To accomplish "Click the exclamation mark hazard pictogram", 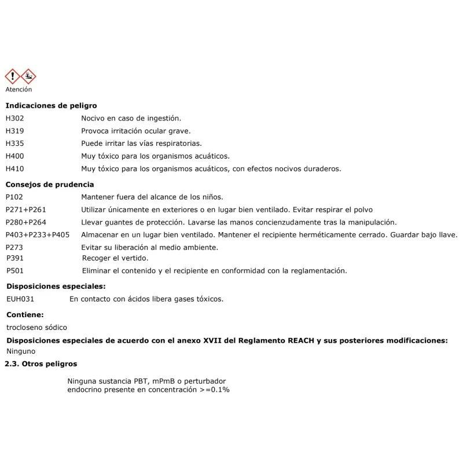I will click(13, 76).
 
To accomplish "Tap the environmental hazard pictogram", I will click(28, 76).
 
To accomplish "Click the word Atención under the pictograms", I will click(19, 90).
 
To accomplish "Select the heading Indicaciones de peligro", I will click(51, 106).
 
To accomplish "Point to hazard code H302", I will click(15, 118).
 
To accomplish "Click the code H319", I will click(15, 131).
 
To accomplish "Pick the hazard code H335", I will click(15, 144).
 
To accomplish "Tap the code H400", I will click(15, 156).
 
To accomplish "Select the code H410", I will click(15, 169).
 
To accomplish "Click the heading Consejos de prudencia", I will click(49, 185).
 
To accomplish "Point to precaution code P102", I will click(14, 197).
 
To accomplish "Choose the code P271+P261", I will click(25, 210).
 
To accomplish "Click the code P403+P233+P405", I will click(38, 235).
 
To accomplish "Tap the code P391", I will click(15, 258).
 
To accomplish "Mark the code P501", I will click(15, 271).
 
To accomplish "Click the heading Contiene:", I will click(25, 315).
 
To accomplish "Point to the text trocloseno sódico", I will click(36, 328).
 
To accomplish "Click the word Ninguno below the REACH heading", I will click(21, 351).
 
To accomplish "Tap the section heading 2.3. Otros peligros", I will click(41, 364).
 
